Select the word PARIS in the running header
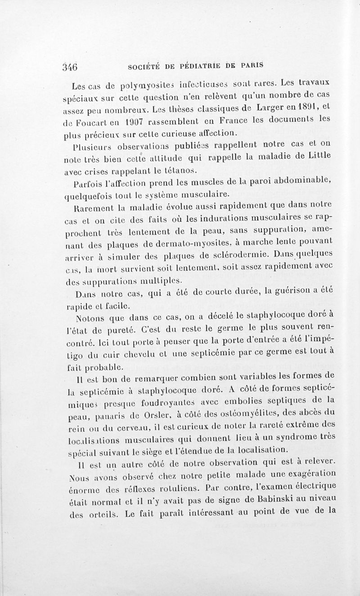[x=250, y=65]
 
